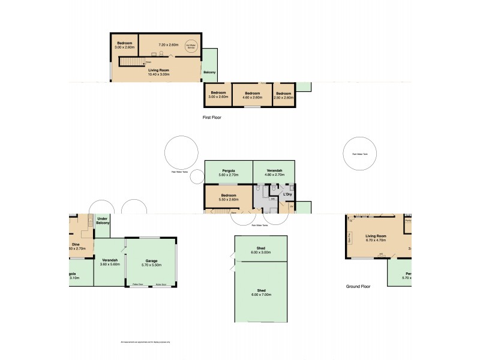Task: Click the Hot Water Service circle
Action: (x=191, y=46)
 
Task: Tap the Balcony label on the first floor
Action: (x=209, y=73)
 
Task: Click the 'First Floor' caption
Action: (x=212, y=118)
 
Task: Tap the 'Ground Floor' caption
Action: (x=358, y=286)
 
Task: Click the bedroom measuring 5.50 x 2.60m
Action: (x=228, y=197)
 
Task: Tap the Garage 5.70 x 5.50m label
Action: (x=151, y=262)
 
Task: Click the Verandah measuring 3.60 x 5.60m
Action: (x=109, y=262)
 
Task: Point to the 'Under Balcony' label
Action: (x=103, y=221)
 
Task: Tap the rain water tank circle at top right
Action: (x=361, y=154)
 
